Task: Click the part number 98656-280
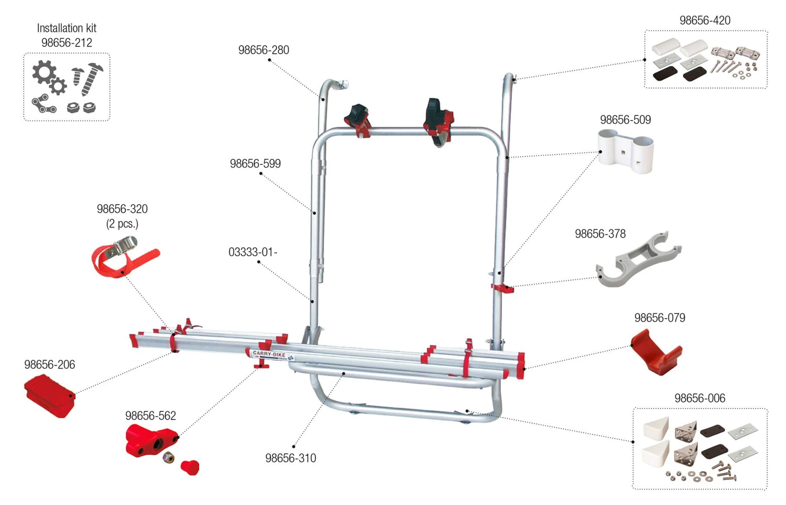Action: tap(263, 50)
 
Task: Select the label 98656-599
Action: tap(255, 164)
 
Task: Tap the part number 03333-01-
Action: tap(253, 252)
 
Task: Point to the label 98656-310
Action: tap(290, 458)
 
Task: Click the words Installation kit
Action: tap(66, 28)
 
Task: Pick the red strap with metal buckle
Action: tap(123, 256)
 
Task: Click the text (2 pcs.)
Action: tap(122, 224)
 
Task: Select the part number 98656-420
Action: tap(705, 20)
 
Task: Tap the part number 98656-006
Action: tap(699, 398)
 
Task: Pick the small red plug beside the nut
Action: tap(190, 467)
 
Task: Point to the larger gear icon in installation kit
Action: tap(44, 72)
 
